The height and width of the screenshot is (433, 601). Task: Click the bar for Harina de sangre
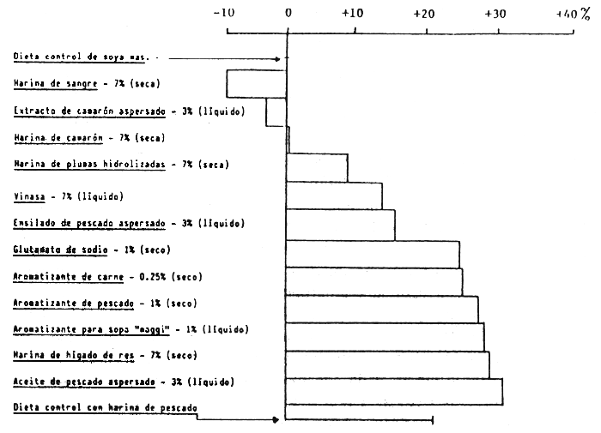click(x=256, y=84)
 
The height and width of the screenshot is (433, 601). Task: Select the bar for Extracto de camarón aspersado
click(x=276, y=111)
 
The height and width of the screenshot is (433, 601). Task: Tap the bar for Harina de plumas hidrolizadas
click(x=317, y=168)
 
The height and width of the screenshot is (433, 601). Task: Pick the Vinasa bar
click(x=334, y=196)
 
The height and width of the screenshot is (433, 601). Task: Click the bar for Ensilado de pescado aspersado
click(x=340, y=225)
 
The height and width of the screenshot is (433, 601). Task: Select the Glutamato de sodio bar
click(x=373, y=254)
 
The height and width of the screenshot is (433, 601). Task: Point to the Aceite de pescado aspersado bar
click(x=394, y=391)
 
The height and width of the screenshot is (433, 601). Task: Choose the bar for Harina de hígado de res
click(x=387, y=364)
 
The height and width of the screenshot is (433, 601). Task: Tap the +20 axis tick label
click(x=425, y=13)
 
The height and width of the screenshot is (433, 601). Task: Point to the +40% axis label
click(x=572, y=13)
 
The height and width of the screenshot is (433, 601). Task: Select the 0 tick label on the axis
click(x=288, y=13)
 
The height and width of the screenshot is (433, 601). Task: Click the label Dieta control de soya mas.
click(x=82, y=57)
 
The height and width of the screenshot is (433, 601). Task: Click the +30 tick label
click(x=495, y=13)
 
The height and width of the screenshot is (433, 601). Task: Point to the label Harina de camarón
click(x=59, y=138)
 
